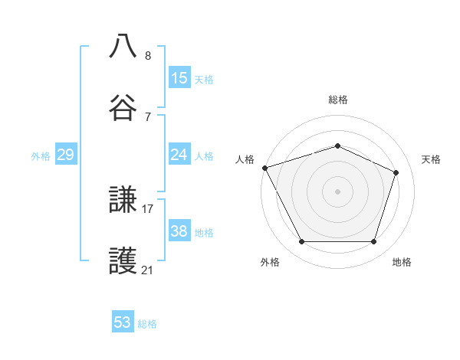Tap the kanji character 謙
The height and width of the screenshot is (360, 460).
coord(123,201)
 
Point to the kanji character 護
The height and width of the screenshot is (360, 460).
coord(123,261)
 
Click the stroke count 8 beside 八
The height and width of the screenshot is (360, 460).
coord(148,56)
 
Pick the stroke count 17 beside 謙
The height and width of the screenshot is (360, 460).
coord(148,208)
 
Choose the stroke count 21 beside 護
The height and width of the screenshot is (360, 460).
coord(148,270)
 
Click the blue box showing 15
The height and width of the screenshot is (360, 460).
coord(179,78)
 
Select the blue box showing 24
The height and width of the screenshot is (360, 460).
coord(179,155)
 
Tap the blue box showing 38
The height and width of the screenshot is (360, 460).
coord(179,231)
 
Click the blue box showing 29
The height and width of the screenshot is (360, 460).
coord(65,155)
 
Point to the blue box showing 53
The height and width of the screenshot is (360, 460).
coord(123,322)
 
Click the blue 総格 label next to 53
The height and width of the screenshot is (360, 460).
coord(147,324)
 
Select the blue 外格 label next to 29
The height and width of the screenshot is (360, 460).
coord(41,156)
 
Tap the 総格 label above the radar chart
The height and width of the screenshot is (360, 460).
coord(338,100)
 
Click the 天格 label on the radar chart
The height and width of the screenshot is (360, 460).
coord(432,159)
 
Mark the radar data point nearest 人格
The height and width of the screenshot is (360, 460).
coord(264,168)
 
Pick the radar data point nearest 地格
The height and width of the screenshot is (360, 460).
coord(374,242)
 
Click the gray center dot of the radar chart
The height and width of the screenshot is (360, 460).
coord(338,191)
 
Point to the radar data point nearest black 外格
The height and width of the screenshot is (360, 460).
coord(301,242)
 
